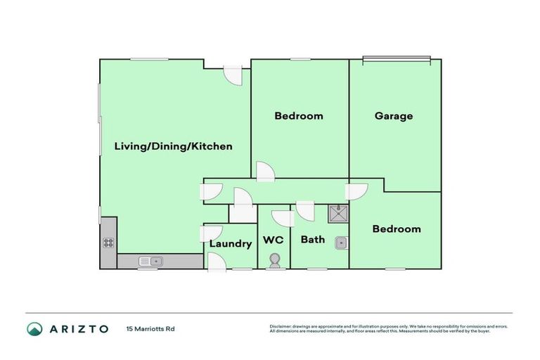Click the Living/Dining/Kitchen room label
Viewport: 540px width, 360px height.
pos(173,147)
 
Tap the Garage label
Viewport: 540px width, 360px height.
pos(393,116)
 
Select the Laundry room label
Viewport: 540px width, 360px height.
pos(230,244)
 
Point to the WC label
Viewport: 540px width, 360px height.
pos(273,240)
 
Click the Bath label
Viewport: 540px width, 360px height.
pos(312,240)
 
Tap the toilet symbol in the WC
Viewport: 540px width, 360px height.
pos(274,260)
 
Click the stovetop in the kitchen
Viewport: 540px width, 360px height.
pos(109,243)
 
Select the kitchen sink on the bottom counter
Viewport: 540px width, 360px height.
pos(150,261)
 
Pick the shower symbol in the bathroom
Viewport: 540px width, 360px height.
pos(337,213)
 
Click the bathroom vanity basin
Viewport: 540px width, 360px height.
pos(340,243)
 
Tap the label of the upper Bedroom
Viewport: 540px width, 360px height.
pos(299,116)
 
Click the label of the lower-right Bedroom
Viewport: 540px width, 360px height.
pos(397,229)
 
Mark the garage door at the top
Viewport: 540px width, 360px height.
pos(396,60)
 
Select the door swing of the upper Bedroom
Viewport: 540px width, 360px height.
pos(266,171)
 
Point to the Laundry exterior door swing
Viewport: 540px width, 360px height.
pos(216,262)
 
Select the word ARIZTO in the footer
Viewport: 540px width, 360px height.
pos(79,329)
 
